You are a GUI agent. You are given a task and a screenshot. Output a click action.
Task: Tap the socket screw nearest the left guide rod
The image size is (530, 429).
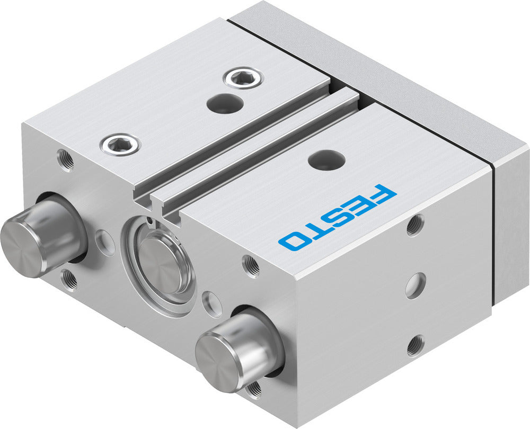121,143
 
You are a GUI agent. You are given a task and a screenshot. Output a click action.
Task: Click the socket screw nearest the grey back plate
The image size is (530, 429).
242,79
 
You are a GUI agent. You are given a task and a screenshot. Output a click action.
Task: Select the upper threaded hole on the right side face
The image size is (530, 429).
414,225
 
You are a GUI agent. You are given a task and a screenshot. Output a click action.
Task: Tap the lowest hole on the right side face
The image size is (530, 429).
416,345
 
